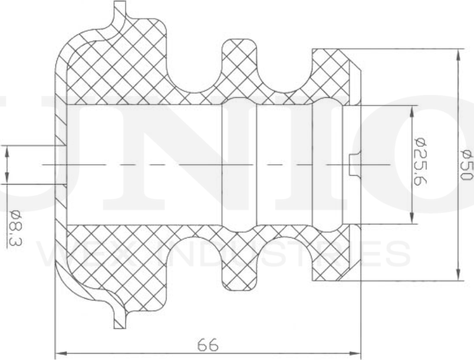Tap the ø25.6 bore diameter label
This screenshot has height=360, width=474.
[420, 164]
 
